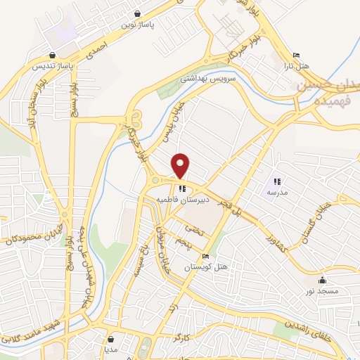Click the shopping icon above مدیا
pos(110,339)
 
